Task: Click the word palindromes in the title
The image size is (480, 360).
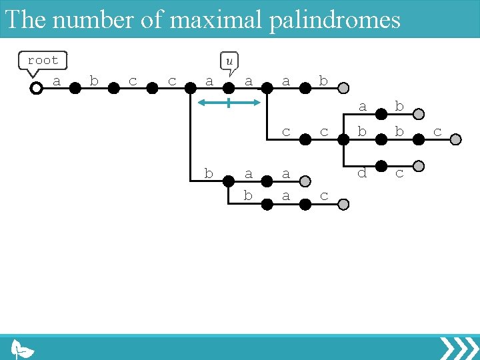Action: [335, 19]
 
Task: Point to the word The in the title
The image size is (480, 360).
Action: [25, 19]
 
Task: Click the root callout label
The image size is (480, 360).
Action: [43, 61]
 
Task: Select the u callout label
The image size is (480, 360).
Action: [229, 61]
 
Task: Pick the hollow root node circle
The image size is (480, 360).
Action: [37, 87]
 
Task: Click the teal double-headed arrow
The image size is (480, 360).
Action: [229, 103]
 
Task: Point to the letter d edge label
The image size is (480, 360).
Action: [362, 173]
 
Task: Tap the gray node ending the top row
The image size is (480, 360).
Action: [343, 87]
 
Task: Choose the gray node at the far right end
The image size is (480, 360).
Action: [456, 139]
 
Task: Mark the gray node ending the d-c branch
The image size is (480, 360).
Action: [419, 166]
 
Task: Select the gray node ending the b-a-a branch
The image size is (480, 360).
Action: [304, 181]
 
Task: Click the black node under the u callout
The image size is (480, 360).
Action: [229, 87]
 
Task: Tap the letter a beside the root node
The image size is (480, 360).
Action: [57, 81]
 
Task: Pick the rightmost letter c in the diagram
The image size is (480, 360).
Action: [437, 132]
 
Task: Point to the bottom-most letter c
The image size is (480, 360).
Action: [324, 196]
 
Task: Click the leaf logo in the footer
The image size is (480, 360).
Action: [23, 349]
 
